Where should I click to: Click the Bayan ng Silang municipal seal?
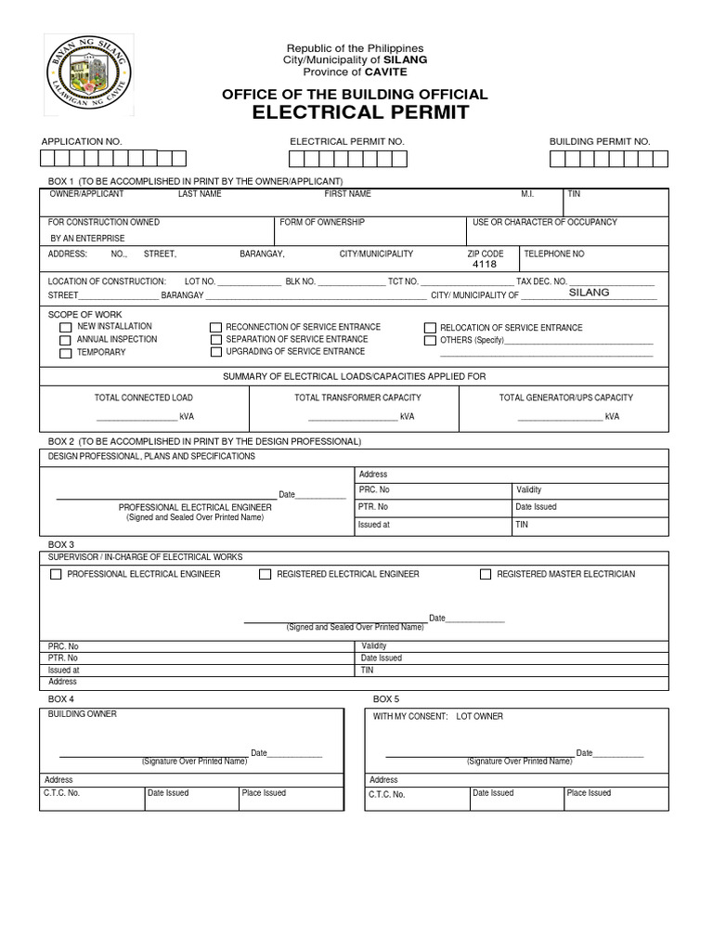[x=88, y=74]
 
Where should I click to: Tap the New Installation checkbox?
[x=65, y=328]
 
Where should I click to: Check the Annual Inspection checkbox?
[x=65, y=341]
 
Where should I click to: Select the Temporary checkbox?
[x=65, y=354]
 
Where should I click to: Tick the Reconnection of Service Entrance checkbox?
[x=215, y=328]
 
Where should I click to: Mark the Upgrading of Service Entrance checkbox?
[x=215, y=353]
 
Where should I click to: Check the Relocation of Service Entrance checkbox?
[x=430, y=328]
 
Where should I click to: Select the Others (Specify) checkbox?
[x=430, y=341]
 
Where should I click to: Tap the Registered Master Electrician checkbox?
[x=486, y=575]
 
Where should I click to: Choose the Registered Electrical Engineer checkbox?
[x=266, y=575]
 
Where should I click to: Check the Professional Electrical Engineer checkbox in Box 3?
[x=56, y=575]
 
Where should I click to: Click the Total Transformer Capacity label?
[x=357, y=397]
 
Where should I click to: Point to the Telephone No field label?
[x=554, y=254]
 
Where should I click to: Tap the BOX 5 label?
[x=385, y=698]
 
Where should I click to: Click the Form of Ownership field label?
[x=322, y=223]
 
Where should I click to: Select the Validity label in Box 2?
[x=528, y=489]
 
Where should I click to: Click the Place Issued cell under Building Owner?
[x=264, y=793]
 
